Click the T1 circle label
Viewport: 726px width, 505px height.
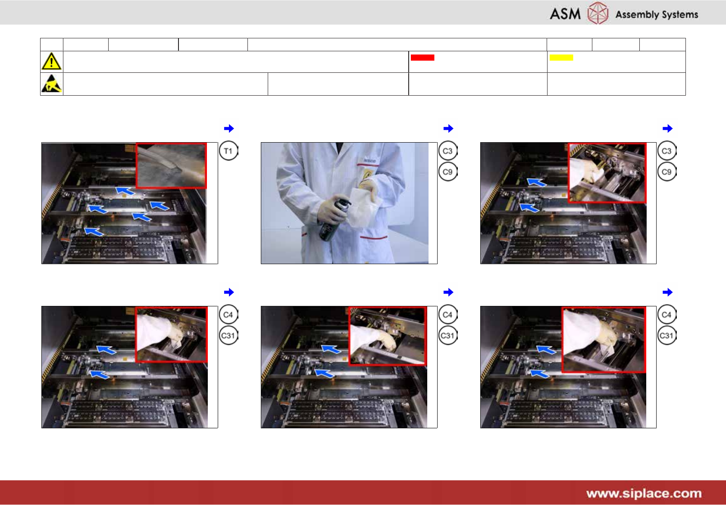click(228, 151)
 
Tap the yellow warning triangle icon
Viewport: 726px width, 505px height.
click(51, 61)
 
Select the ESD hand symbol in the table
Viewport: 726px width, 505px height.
click(51, 84)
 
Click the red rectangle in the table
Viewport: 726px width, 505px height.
click(422, 58)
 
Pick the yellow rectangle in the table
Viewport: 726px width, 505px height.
click(561, 58)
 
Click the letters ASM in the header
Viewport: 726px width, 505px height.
click(565, 14)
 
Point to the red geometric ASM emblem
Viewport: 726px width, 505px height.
click(598, 13)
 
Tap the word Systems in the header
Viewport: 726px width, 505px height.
click(680, 15)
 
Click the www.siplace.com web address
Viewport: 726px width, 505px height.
click(644, 493)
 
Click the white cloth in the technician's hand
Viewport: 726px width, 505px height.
click(363, 206)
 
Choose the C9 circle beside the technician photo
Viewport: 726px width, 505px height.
click(447, 171)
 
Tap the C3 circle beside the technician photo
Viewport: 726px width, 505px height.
click(447, 151)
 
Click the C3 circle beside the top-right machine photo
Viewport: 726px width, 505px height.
click(667, 151)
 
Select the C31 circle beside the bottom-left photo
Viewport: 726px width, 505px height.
click(228, 335)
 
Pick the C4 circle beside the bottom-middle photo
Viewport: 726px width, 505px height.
click(447, 315)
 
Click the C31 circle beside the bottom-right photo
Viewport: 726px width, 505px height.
click(667, 335)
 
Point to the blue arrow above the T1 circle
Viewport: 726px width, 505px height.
click(229, 128)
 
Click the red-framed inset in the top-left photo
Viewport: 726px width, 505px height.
click(171, 165)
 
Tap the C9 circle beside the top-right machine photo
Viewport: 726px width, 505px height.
click(667, 171)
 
